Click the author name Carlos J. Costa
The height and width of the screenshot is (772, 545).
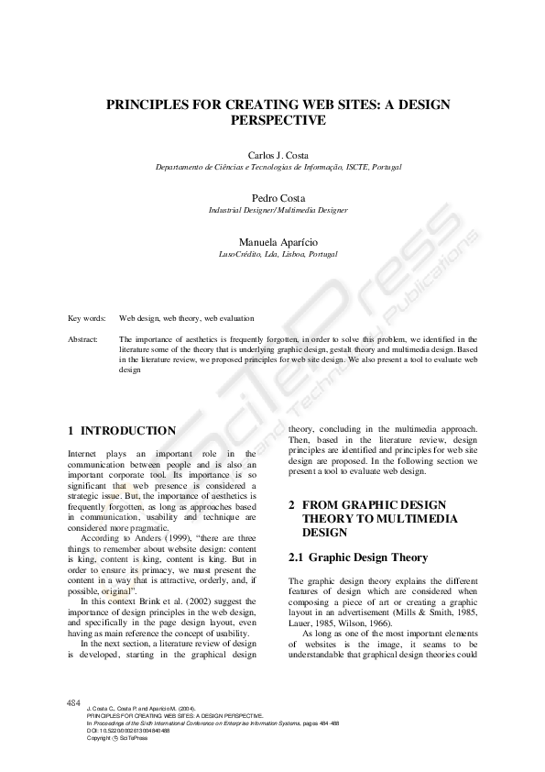coord(278,156)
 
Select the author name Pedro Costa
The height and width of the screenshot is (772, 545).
coord(278,198)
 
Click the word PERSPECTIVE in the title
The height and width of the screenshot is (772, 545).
coord(278,120)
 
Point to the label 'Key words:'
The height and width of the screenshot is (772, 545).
coord(87,318)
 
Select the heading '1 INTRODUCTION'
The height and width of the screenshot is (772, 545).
coord(123,430)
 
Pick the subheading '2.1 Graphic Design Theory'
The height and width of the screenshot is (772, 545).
coord(358,557)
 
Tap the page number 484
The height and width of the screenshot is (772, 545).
coord(74,702)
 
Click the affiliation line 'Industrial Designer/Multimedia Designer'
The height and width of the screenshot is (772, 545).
coord(278,210)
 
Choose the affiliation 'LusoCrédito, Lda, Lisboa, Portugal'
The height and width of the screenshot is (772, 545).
coord(278,253)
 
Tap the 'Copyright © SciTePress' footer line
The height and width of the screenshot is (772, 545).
coord(109,738)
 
